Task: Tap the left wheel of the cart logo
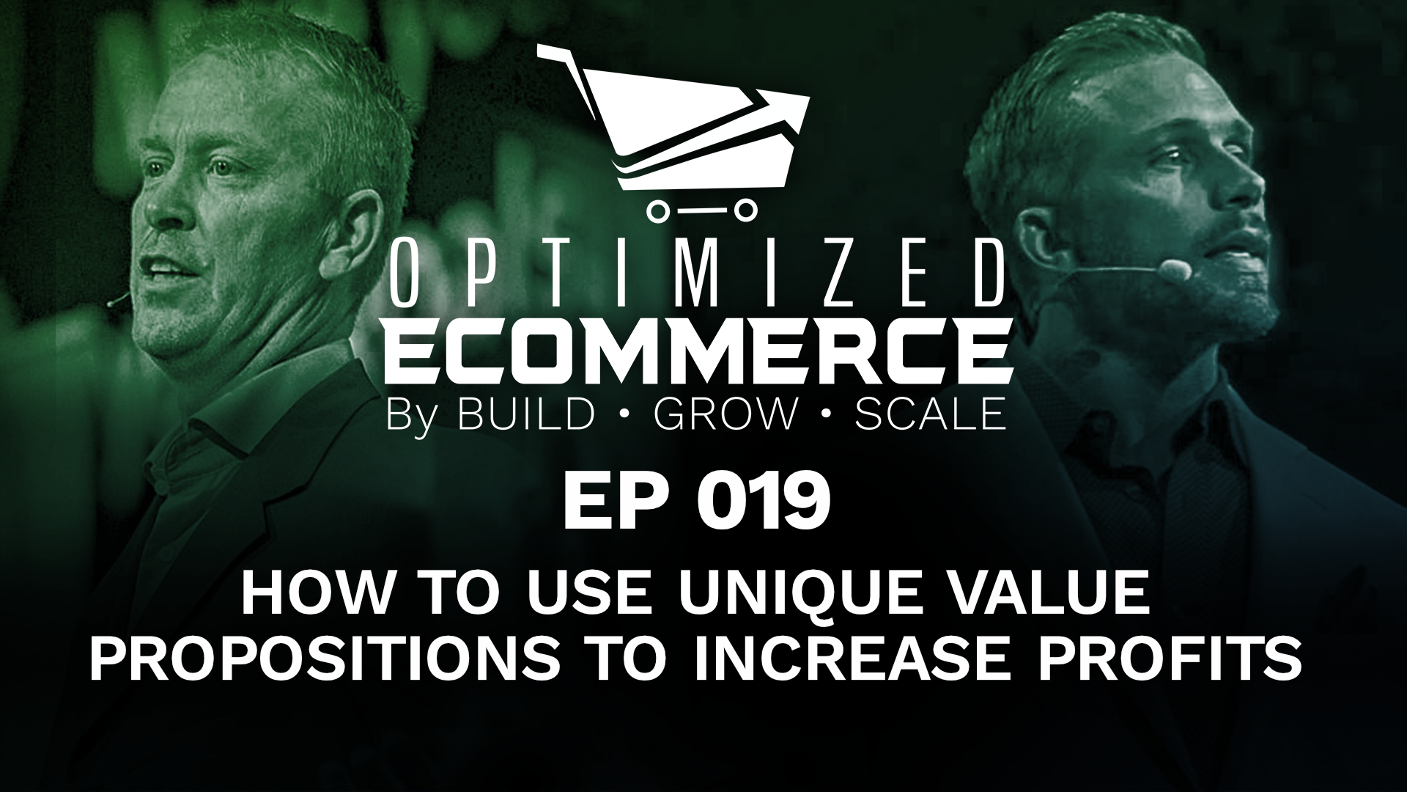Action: coord(657,211)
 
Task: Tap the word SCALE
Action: coord(926,414)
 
